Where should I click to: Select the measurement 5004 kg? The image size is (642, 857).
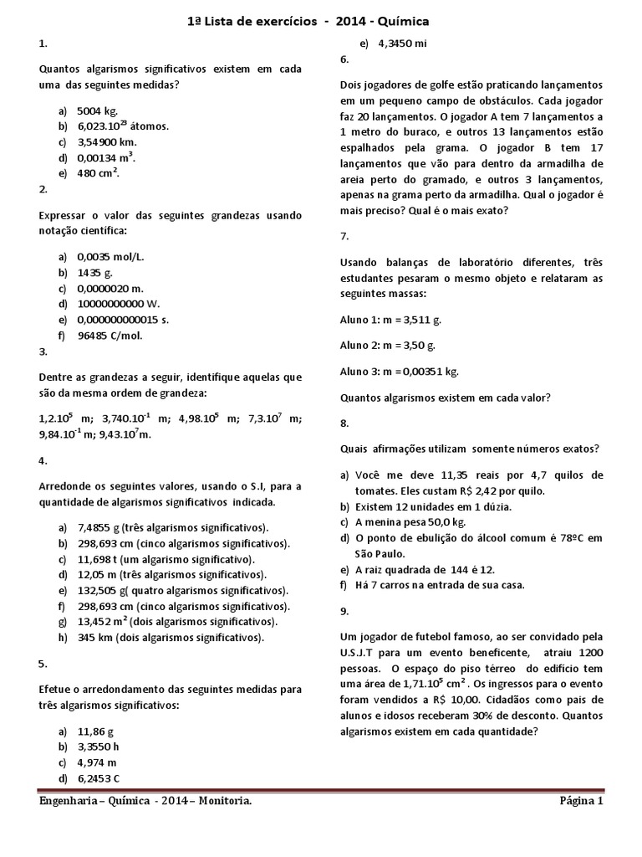click(x=97, y=110)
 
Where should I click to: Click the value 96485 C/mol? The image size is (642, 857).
click(x=113, y=336)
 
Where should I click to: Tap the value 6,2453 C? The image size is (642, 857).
click(x=99, y=778)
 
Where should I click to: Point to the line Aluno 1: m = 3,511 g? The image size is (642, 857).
click(x=391, y=320)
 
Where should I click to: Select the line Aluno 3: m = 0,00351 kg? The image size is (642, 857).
click(x=400, y=372)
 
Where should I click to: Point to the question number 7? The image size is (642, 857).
click(x=344, y=236)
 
